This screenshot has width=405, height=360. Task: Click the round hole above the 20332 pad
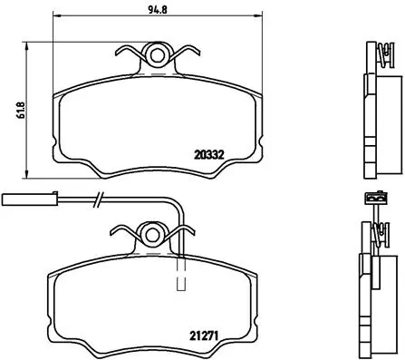(x=159, y=56)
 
